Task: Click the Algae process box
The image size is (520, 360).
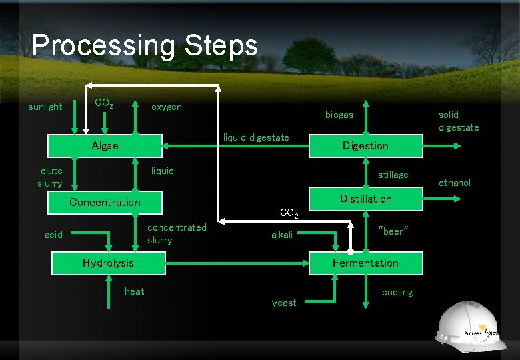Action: point(105,146)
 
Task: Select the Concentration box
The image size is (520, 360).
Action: point(105,202)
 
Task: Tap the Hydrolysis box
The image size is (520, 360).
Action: point(108,263)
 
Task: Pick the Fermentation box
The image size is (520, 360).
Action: point(365,263)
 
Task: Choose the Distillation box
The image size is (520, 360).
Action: point(365,199)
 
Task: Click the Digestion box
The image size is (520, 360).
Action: point(365,145)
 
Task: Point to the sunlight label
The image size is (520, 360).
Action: point(45,107)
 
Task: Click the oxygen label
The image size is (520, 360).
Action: point(166,107)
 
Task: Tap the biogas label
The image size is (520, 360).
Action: point(339,115)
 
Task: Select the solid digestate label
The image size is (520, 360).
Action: point(458,121)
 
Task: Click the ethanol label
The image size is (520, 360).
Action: point(455,183)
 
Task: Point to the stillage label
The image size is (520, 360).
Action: point(393,175)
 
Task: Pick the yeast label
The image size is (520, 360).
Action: point(284,303)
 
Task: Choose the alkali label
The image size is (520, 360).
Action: point(282,235)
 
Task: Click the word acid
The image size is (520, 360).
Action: point(53,235)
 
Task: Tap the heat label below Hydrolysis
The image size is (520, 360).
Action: point(134,291)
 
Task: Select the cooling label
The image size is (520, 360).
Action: point(397,292)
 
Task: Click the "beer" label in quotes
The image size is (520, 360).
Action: point(393,231)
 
